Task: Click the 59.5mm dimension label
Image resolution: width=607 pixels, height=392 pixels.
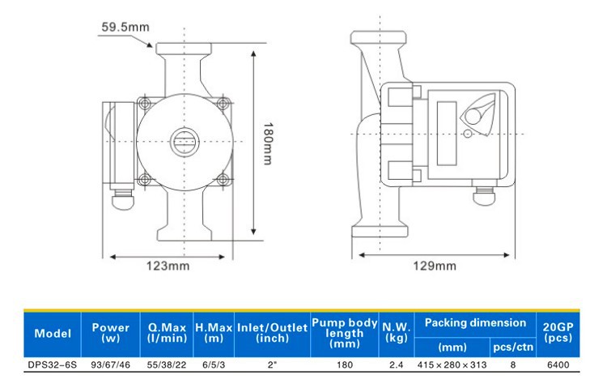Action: tap(125, 27)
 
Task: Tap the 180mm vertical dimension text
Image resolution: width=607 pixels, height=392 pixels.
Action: tap(268, 143)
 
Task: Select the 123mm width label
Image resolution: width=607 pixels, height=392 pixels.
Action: tap(168, 266)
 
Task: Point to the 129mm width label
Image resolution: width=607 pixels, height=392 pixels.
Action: tap(435, 266)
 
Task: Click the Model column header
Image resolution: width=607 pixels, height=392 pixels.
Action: tap(53, 334)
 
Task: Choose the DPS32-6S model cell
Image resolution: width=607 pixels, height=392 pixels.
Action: tap(53, 365)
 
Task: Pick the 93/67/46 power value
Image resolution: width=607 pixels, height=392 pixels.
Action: tap(110, 365)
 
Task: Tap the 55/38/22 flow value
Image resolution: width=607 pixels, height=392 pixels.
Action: tap(167, 365)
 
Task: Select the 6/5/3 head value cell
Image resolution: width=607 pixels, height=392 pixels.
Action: tap(214, 365)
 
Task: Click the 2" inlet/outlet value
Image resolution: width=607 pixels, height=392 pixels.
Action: tap(273, 365)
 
